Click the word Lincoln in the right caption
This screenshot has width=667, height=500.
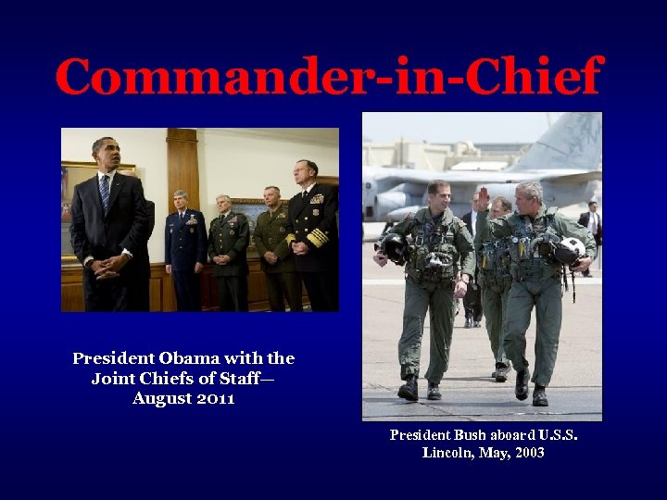(x=449, y=453)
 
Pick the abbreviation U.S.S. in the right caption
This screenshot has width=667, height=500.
(x=555, y=434)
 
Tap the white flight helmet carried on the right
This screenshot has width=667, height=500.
(x=571, y=248)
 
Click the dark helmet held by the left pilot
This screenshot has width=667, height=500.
(x=393, y=248)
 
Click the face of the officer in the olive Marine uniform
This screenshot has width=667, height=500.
(x=271, y=197)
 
